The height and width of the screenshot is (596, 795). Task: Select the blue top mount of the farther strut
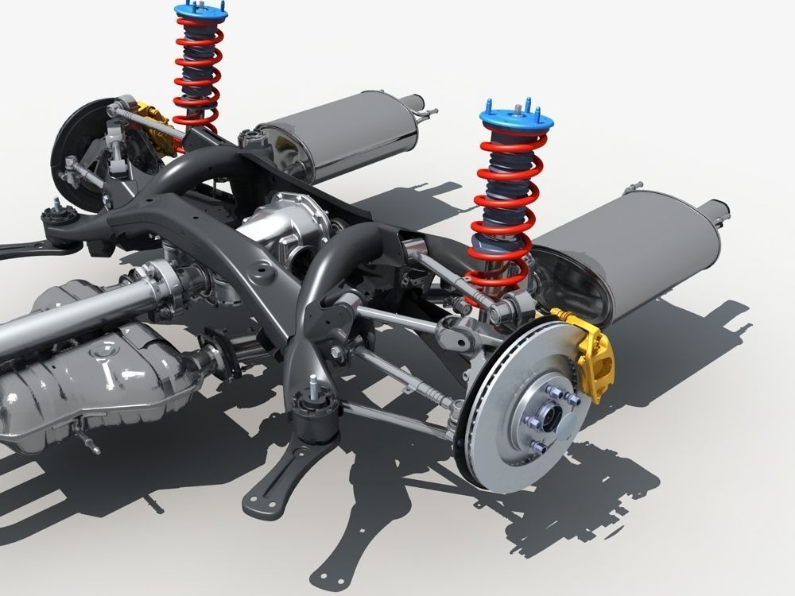coord(200,11)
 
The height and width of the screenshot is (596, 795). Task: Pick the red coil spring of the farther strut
coord(196,72)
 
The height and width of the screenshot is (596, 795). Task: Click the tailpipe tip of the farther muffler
coord(418,104)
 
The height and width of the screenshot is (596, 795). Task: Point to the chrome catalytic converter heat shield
coord(87,381)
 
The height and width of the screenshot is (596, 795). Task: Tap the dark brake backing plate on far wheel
coord(79,151)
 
